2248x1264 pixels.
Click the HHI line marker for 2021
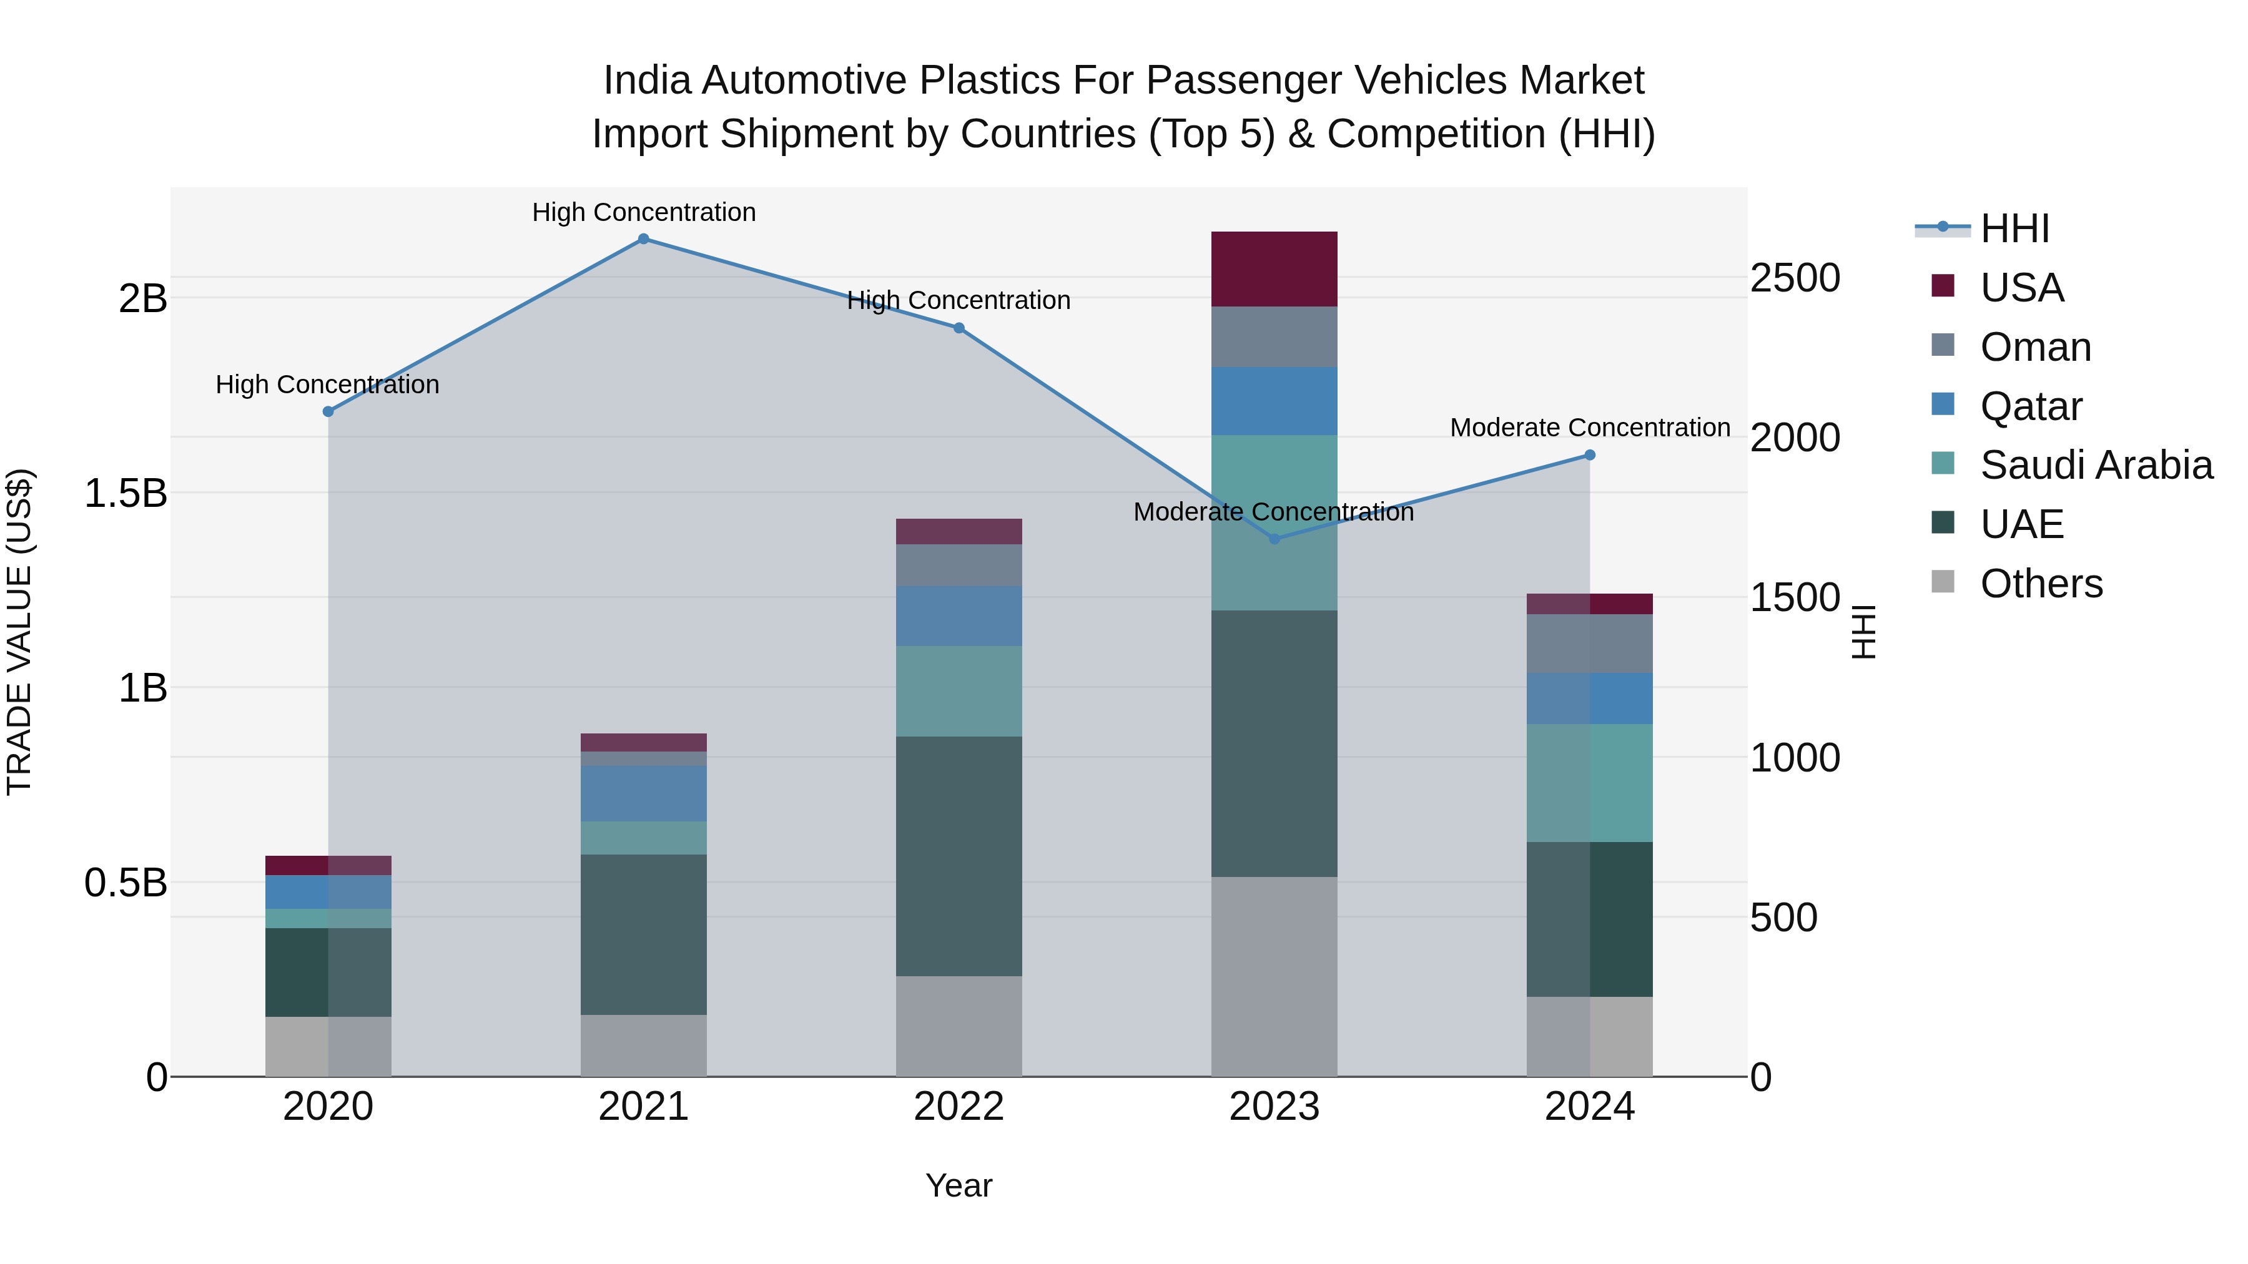click(x=643, y=239)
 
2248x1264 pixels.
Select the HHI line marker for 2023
click(x=1274, y=539)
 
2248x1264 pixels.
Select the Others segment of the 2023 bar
click(x=1274, y=976)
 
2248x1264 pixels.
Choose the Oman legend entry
click(x=2035, y=347)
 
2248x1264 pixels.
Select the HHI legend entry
click(x=2014, y=228)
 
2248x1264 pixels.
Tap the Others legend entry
click(x=2040, y=584)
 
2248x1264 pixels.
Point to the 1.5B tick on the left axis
click(x=125, y=494)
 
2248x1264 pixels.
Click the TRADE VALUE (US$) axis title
click(x=19, y=632)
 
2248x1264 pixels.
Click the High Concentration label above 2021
click(x=643, y=212)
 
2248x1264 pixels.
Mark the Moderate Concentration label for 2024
click(x=1589, y=428)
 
